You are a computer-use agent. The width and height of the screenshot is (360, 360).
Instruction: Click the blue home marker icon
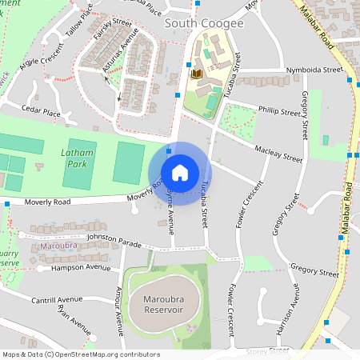pyautogui.click(x=180, y=173)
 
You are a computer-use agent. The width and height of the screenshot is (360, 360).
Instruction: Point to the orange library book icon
pyautogui.click(x=194, y=74)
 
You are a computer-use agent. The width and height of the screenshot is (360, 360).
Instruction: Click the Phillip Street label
pyautogui.click(x=278, y=108)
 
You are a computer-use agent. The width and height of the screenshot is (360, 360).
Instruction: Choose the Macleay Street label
pyautogui.click(x=278, y=154)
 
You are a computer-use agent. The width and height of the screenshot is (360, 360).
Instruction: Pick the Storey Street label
pyautogui.click(x=267, y=350)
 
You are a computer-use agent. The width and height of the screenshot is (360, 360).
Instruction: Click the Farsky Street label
pyautogui.click(x=110, y=30)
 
